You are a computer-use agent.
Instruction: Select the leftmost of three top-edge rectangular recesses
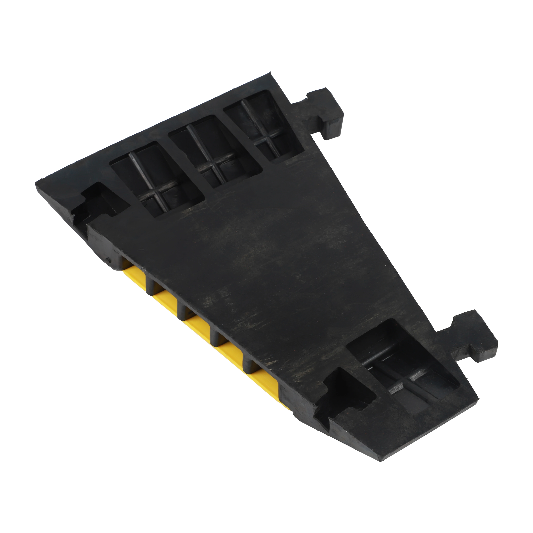[x=157, y=177]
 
